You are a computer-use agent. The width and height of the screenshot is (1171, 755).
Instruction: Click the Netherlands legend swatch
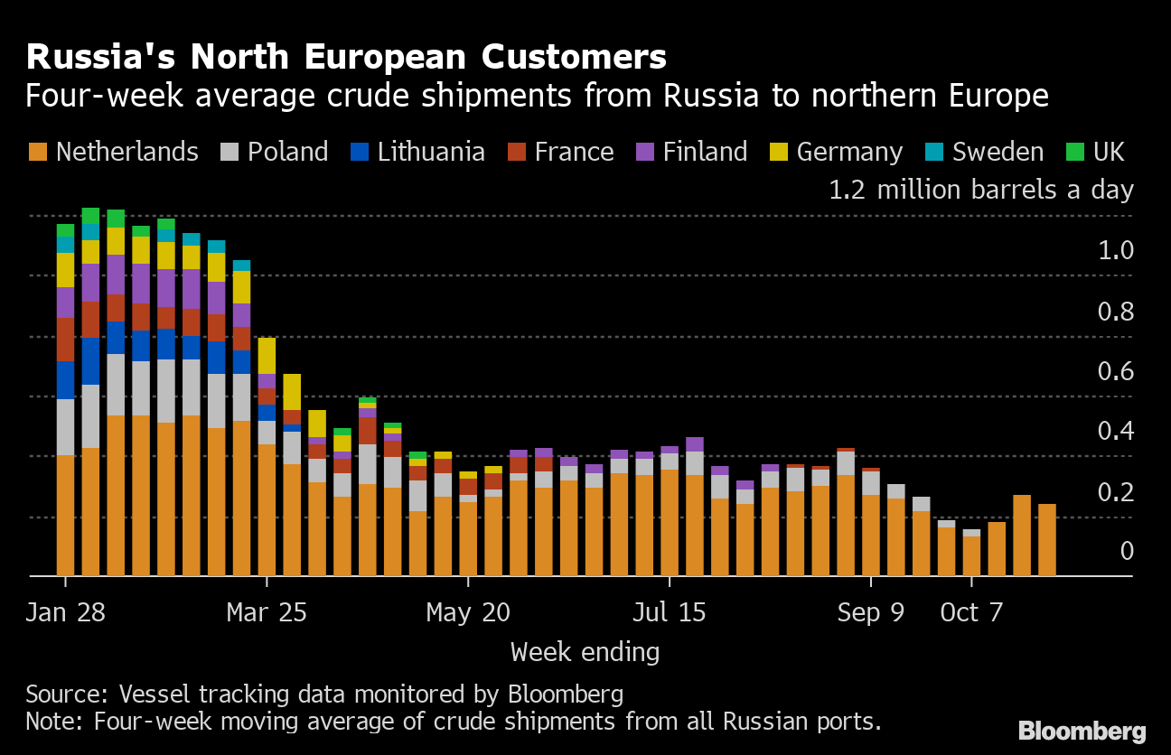(38, 152)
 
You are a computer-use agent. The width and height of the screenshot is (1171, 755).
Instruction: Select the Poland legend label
(288, 152)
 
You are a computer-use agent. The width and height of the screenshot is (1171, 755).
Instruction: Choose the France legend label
(574, 152)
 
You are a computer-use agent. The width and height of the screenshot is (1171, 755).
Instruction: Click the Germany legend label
(849, 153)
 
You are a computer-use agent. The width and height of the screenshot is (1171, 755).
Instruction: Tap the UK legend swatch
(1075, 152)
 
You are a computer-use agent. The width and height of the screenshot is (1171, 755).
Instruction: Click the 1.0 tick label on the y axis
(1116, 251)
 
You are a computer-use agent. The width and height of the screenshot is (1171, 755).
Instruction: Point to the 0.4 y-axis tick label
(1116, 431)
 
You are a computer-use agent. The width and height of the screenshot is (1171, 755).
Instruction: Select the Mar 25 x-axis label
(267, 612)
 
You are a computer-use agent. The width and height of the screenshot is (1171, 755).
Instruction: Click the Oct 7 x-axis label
(971, 612)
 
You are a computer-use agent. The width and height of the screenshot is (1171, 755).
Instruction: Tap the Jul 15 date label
(670, 612)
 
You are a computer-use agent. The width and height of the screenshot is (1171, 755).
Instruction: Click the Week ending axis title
(585, 653)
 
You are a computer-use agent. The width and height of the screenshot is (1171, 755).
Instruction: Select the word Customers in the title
(574, 56)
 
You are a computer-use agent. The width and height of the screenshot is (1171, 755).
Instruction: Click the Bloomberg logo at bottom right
(1082, 731)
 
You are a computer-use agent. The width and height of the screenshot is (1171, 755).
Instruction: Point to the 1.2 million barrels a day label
(981, 189)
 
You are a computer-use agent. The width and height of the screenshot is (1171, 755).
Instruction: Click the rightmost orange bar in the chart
(1047, 540)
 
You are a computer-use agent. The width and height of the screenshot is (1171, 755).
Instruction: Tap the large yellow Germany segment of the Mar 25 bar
(267, 356)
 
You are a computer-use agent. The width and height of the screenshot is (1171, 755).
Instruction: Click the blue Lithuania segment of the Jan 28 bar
(65, 380)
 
